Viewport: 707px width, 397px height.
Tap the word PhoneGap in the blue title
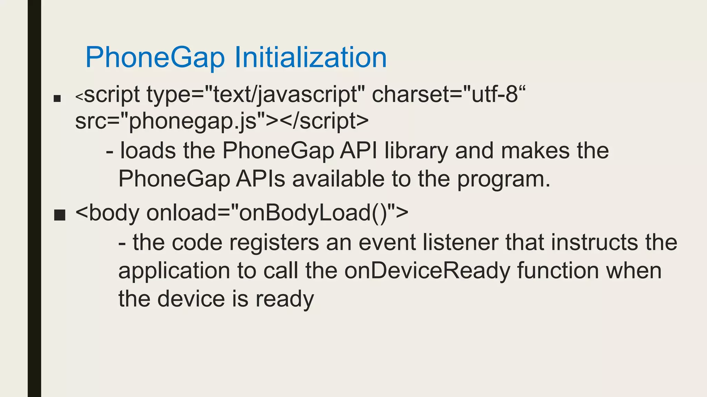click(x=155, y=57)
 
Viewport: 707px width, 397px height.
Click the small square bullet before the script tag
click(x=57, y=99)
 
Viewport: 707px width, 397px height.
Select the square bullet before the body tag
click(x=60, y=215)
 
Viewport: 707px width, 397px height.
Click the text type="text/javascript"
click(x=256, y=94)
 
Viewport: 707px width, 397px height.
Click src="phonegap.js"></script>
click(x=222, y=121)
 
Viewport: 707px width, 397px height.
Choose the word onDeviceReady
click(x=427, y=271)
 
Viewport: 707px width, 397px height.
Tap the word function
click(x=558, y=271)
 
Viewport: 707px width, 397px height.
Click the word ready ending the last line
click(x=285, y=299)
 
